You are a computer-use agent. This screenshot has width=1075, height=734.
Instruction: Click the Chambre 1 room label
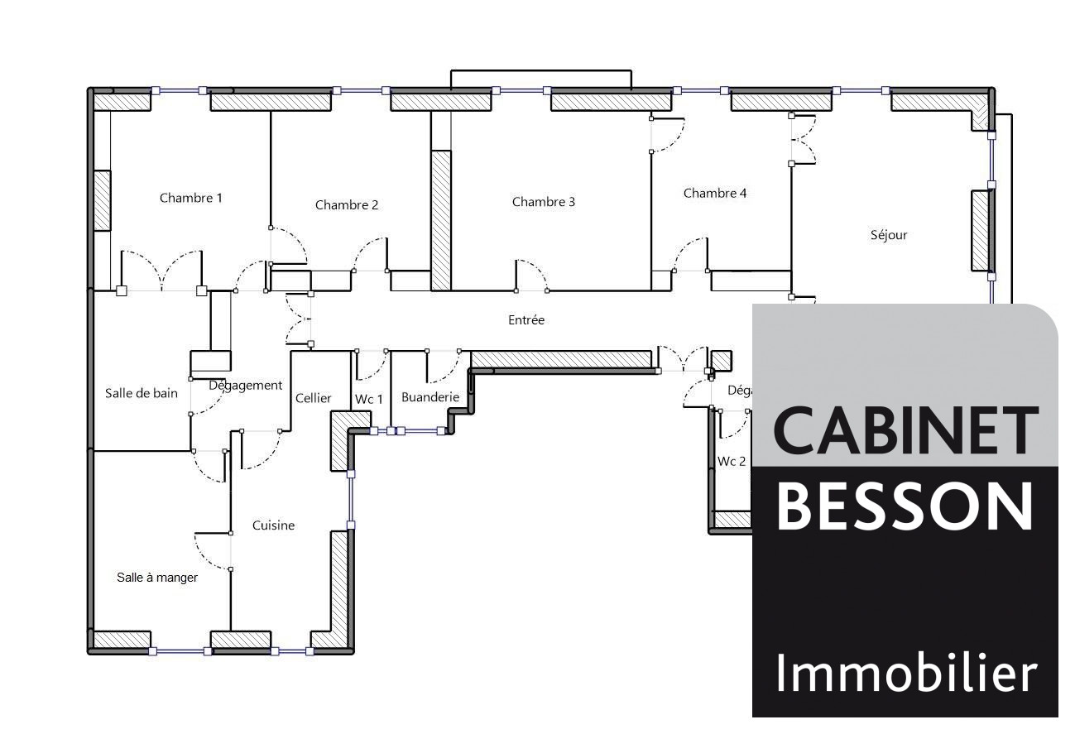[x=191, y=198]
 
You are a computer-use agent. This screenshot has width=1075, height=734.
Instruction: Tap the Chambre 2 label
[x=347, y=205]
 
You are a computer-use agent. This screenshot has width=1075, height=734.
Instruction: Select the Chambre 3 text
[x=544, y=202]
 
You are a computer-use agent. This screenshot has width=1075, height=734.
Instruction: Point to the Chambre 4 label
[x=715, y=194]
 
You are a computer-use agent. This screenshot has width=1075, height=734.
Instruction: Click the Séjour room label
[x=889, y=235]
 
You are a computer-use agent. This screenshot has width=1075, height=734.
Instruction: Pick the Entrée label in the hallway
[x=526, y=320]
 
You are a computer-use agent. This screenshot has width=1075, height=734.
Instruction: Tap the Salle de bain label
[x=142, y=393]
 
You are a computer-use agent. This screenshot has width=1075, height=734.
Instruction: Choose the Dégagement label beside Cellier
[x=246, y=386]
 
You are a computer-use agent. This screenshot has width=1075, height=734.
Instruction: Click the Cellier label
[x=314, y=398]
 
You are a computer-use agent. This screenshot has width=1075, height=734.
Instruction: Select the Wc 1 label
[x=369, y=399]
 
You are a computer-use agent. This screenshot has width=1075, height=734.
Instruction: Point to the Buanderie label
[x=430, y=397]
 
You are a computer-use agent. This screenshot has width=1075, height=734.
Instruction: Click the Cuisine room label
[x=273, y=525]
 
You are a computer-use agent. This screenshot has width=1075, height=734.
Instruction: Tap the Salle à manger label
[x=157, y=578]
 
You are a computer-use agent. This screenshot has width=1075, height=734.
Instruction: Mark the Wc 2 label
[x=732, y=461]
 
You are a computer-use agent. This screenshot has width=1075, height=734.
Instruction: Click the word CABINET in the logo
[x=905, y=430]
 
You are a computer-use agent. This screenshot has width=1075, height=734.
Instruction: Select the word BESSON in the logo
[x=905, y=506]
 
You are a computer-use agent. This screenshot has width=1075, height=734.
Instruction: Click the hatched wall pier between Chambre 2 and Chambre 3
[x=441, y=220]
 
